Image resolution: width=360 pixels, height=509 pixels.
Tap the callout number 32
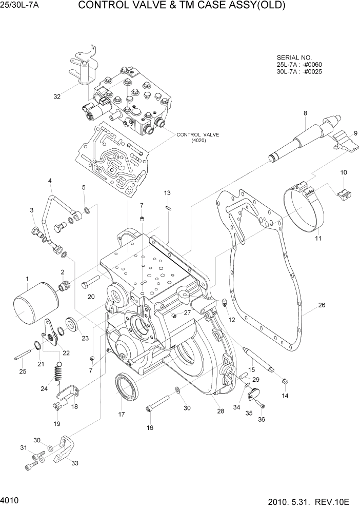point(57,96)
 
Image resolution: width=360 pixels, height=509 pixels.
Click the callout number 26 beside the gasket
point(322,305)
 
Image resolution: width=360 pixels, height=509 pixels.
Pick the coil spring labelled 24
point(59,371)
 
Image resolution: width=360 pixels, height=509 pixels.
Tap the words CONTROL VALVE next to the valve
point(198,135)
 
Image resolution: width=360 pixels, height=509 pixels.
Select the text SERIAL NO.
point(294,57)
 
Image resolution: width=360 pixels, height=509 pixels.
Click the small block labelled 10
point(343,194)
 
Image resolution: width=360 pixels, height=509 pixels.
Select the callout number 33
point(75,463)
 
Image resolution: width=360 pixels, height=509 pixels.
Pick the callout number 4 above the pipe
point(50,181)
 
